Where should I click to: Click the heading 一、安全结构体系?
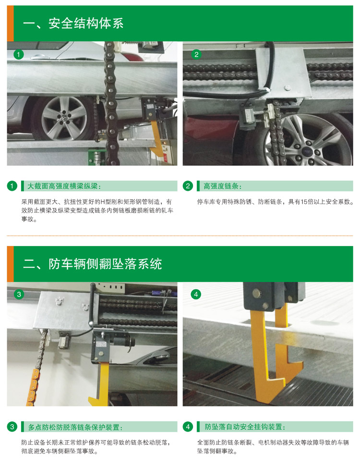tap(73, 23)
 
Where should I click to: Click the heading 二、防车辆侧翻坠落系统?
tap(93, 264)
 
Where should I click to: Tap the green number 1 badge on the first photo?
tap(18, 54)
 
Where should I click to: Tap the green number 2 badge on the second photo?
tap(196, 54)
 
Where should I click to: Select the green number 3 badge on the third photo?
tap(19, 294)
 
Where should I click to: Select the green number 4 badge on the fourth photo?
tap(196, 294)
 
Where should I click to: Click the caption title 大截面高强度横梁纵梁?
tap(64, 186)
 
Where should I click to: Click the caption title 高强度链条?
tap(222, 186)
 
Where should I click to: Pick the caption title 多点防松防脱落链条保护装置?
tap(75, 428)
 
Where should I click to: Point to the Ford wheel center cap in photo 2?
tap(306, 151)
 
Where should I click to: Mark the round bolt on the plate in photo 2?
tap(287, 87)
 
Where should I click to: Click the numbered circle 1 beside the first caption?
tap(12, 186)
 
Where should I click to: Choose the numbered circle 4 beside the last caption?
tap(188, 427)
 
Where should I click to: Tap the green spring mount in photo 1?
tap(97, 157)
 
